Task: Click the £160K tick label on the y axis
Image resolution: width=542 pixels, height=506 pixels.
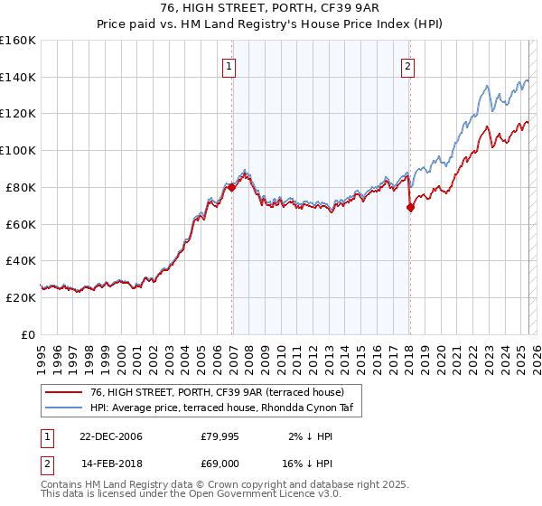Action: click(x=18, y=40)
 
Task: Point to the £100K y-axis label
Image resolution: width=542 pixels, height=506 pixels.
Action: click(x=18, y=150)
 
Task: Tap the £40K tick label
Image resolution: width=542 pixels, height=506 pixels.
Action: click(x=21, y=261)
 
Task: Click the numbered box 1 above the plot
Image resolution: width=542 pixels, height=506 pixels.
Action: click(x=229, y=66)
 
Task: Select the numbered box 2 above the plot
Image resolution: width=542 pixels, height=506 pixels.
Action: click(x=408, y=66)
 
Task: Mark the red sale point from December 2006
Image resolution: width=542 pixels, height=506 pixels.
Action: click(x=232, y=187)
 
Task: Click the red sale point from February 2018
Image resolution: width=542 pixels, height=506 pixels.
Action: click(x=410, y=207)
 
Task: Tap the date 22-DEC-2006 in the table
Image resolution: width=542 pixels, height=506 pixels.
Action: click(x=111, y=436)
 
